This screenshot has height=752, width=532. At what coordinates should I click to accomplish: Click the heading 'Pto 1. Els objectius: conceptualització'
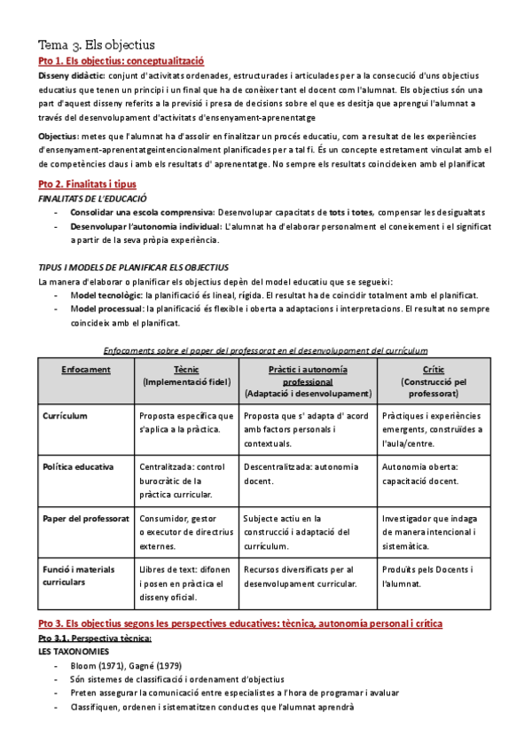(121, 61)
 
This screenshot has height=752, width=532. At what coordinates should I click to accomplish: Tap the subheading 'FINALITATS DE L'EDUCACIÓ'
(92, 199)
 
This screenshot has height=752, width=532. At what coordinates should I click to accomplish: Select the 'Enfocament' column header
(87, 368)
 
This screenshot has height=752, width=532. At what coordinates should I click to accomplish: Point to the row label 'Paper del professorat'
(85, 518)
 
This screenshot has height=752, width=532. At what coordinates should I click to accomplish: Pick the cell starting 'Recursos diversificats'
(299, 576)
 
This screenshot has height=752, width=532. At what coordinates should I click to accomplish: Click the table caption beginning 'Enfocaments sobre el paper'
(266, 350)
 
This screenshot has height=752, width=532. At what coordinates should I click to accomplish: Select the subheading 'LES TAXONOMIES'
(74, 650)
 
